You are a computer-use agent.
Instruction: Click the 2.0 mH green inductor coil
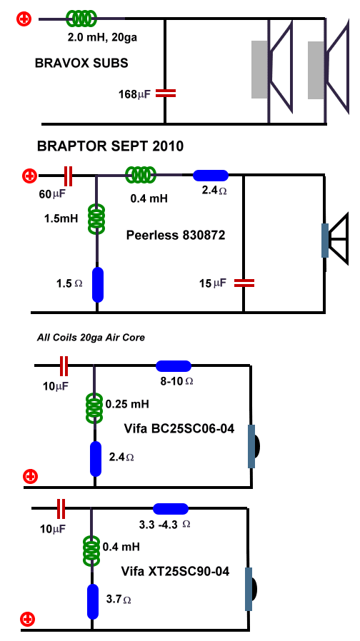coord(81,18)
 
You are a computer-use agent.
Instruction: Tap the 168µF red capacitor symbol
coord(166,94)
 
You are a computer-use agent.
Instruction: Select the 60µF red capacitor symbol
coord(69,176)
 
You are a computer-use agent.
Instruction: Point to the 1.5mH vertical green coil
coord(97,218)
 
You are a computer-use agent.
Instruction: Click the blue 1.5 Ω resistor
coord(97,285)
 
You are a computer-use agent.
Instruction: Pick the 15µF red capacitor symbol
coord(244,283)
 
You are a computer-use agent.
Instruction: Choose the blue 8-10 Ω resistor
coord(174,366)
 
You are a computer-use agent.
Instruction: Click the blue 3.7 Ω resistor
coord(93,602)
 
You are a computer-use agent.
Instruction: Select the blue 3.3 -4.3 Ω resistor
coord(171,508)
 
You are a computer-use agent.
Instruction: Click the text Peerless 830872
coord(176,235)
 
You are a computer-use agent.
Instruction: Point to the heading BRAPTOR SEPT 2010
coord(110,146)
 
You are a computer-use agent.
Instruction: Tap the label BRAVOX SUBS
coord(81,63)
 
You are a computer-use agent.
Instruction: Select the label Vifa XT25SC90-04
coord(175,571)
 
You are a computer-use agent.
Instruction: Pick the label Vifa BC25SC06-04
coord(179,429)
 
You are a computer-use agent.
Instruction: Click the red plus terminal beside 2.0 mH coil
coord(24,19)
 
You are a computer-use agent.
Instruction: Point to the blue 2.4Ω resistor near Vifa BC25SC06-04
coord(95,459)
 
